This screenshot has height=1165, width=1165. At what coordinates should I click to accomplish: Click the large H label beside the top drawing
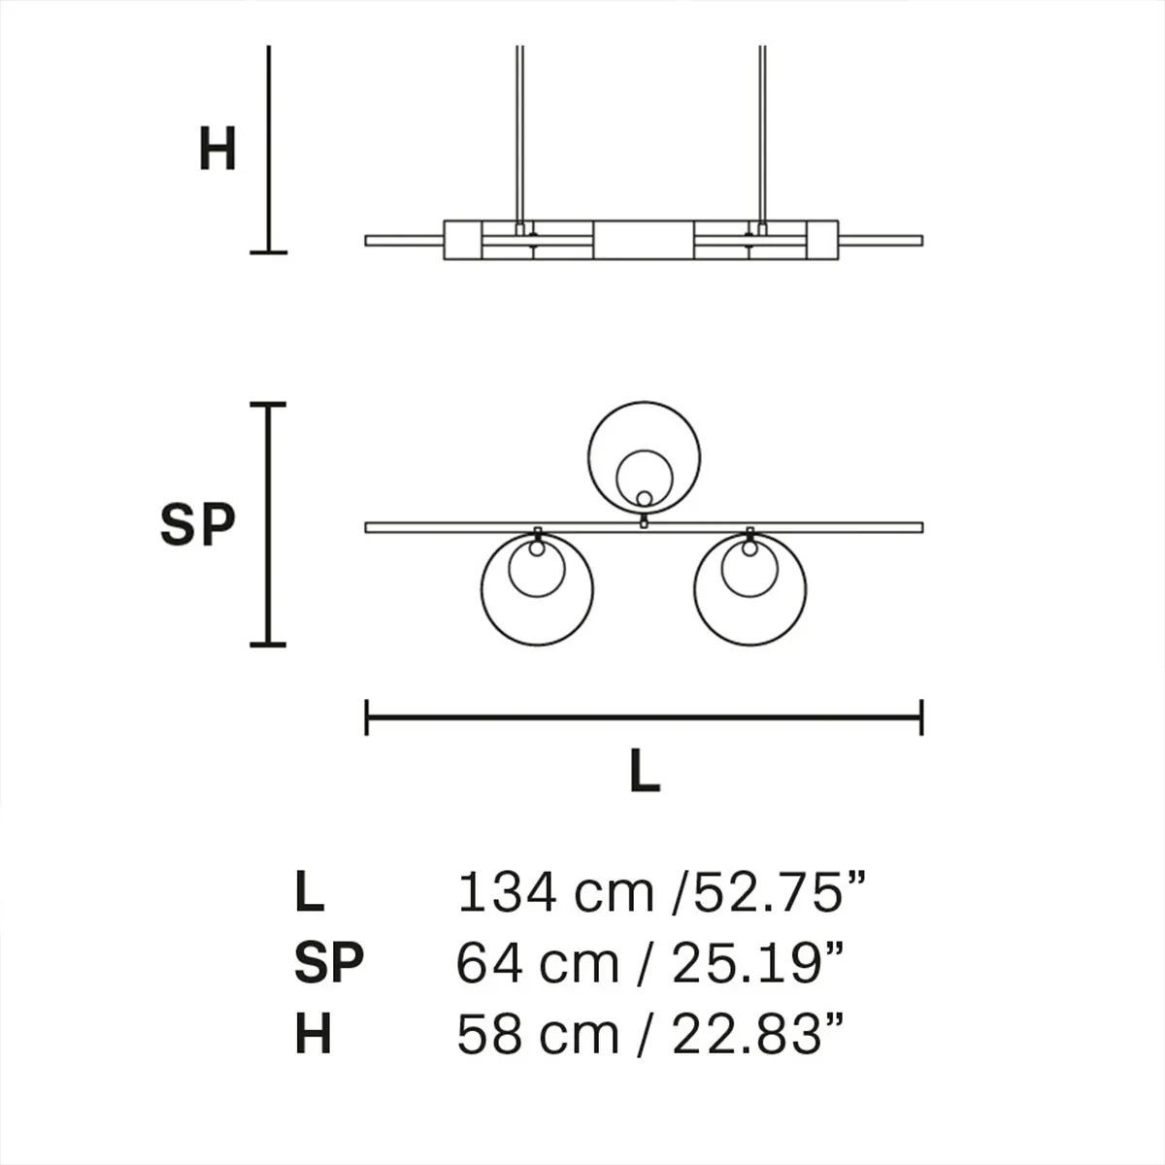(217, 150)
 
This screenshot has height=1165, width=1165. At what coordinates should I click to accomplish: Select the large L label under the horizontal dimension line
(645, 772)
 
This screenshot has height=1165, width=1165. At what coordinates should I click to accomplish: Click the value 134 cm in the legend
(554, 892)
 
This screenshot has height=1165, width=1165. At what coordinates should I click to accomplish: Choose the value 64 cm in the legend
(538, 963)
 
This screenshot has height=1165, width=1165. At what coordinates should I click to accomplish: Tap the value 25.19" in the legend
(754, 963)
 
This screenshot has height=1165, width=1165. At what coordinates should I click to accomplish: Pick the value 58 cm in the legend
(538, 1034)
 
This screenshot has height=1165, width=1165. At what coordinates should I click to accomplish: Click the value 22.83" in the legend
(754, 1034)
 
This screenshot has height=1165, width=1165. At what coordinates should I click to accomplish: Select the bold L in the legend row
(309, 892)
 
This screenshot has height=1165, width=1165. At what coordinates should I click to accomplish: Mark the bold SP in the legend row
(328, 963)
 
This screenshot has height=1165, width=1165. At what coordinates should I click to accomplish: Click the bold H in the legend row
(313, 1034)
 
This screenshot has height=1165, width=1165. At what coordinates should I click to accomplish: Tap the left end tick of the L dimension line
(367, 717)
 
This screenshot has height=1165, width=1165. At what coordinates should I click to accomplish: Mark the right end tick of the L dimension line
(920, 717)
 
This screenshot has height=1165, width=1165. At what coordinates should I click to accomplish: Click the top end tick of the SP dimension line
(269, 404)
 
